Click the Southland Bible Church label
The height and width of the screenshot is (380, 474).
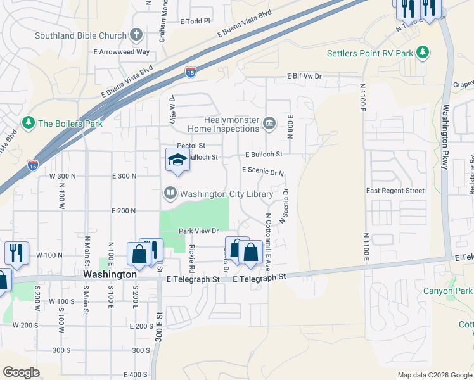(x=82, y=35)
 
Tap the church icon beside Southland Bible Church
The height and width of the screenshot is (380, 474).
(x=136, y=35)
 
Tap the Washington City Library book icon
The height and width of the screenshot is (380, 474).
(x=170, y=193)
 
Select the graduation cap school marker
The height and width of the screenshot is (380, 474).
(x=177, y=160)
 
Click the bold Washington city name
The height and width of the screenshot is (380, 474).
(x=110, y=275)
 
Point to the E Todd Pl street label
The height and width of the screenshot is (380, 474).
(x=195, y=21)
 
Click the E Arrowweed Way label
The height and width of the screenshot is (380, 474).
(x=122, y=52)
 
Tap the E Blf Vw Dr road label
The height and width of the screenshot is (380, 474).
(x=304, y=76)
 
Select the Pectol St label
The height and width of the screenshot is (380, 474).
(x=192, y=145)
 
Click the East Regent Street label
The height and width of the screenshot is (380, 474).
(x=395, y=191)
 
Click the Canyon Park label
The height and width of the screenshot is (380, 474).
(x=448, y=291)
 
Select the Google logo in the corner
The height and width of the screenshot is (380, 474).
(x=22, y=372)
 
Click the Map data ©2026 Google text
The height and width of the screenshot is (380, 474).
(x=434, y=375)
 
